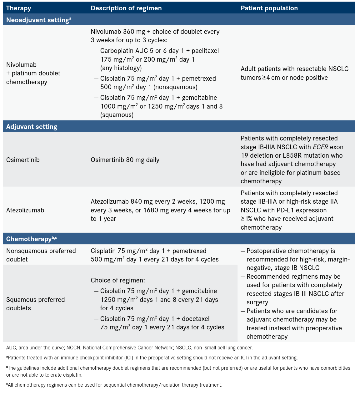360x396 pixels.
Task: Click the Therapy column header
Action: click(18, 8)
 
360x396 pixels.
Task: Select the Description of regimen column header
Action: click(126, 8)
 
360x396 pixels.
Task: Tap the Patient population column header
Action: click(269, 8)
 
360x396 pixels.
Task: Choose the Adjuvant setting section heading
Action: click(32, 127)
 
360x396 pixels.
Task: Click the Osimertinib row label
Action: click(23, 160)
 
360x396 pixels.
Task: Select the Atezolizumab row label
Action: click(25, 210)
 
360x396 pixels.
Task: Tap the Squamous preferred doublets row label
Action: click(35, 304)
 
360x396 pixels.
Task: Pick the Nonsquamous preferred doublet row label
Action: click(41, 255)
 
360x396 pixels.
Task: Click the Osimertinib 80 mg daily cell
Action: click(125, 160)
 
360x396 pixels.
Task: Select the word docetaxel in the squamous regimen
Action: click(196, 319)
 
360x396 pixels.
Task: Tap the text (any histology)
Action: click(121, 68)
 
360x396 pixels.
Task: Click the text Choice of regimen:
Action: click(118, 280)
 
